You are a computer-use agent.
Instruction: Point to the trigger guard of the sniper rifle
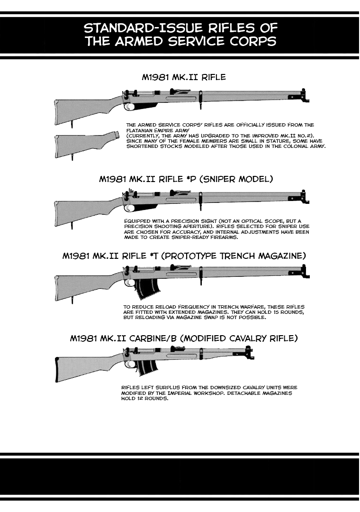pos(128,208)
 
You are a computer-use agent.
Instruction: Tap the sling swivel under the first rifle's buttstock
pos(72,124)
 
